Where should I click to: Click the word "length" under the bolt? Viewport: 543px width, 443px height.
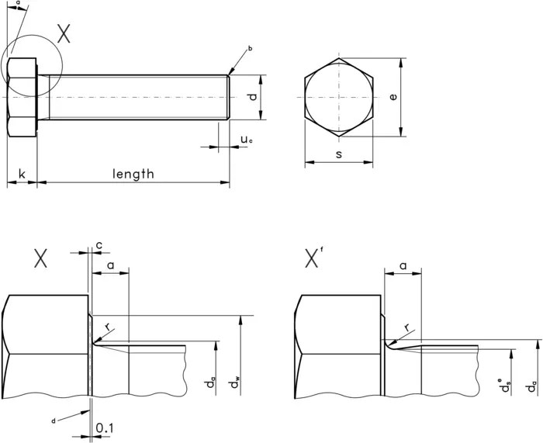coord(133,174)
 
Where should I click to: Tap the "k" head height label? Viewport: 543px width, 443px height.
coord(22,174)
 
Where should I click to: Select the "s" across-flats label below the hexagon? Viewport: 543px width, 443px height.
coord(339,155)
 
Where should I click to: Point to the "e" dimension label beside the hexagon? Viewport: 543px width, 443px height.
coord(393,97)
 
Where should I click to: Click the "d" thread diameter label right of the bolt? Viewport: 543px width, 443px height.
coord(251,97)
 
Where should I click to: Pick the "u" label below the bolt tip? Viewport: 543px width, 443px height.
coord(245,140)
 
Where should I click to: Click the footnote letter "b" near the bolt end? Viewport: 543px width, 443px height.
coord(250,49)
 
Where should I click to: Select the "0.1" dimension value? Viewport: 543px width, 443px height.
coord(102,428)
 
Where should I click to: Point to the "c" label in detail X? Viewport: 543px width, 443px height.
coord(99,245)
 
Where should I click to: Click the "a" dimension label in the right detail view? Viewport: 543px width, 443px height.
coord(403,265)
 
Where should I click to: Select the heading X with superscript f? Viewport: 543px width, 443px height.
coord(313,258)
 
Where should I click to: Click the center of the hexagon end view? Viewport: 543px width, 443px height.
coord(339,97)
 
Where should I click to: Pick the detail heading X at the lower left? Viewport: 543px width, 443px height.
coord(40,259)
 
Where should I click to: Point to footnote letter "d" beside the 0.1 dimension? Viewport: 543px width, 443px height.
coord(53,420)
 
